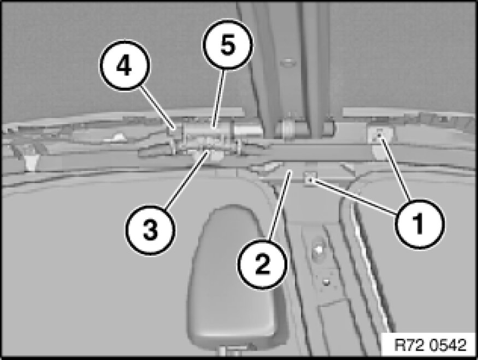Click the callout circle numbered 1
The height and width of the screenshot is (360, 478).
pos(420,225)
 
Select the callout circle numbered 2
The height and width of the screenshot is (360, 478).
pos(263,264)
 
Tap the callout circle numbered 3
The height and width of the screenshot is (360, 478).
pos(151,230)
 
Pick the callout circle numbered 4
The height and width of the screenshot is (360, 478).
pos(125,66)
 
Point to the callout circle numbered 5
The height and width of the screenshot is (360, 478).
pos(228,45)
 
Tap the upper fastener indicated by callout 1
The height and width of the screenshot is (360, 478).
pos(379,135)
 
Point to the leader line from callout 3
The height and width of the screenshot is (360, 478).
pos(187,180)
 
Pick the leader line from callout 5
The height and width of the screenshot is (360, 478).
pos(219,98)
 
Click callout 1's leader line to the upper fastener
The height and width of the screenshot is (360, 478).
pos(394,169)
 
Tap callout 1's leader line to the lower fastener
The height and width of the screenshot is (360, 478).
pos(353,196)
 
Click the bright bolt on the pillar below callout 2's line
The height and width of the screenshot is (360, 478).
pos(317,250)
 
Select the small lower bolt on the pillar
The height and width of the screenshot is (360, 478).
pos(326,282)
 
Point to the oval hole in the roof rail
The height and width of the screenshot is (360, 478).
pos(288,63)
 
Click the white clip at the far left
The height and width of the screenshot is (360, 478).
pos(31,162)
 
